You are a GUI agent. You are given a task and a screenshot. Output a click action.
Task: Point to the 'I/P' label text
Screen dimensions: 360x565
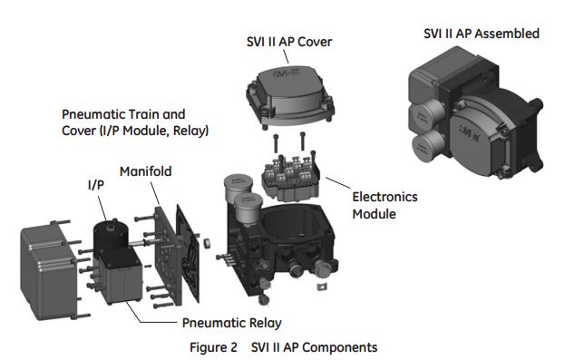point(95,187)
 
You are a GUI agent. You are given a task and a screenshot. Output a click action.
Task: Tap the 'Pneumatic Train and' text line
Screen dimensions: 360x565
point(122,116)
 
